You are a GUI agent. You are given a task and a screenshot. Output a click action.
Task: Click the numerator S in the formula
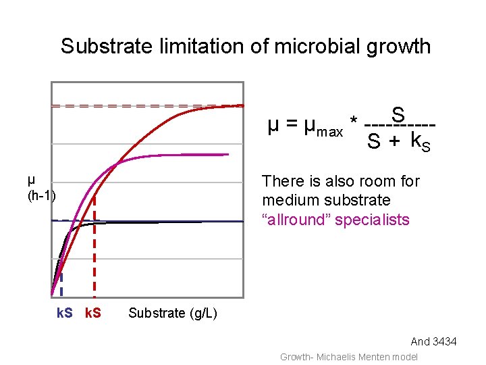(x=398, y=114)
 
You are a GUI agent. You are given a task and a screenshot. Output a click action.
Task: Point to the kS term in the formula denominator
(x=420, y=143)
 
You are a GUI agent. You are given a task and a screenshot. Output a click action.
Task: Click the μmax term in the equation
(x=323, y=126)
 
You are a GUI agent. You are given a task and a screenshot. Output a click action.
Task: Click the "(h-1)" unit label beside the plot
(x=41, y=196)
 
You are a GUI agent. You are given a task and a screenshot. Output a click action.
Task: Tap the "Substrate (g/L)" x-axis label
(x=173, y=313)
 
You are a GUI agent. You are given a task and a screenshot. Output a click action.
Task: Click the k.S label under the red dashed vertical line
(x=93, y=314)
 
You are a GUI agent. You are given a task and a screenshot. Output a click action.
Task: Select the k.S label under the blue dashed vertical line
(x=64, y=314)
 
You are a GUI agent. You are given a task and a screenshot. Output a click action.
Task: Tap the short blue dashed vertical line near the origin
(x=61, y=284)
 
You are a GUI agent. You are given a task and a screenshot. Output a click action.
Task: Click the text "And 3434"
(x=433, y=342)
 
